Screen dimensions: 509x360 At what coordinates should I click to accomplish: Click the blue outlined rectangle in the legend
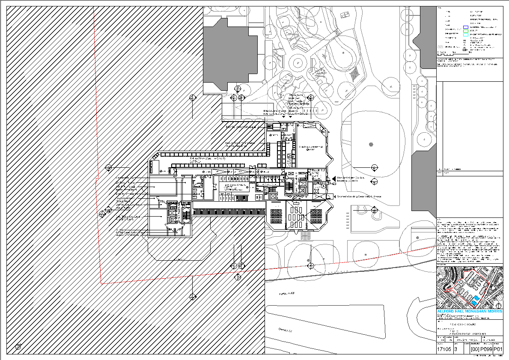[x=465, y=27]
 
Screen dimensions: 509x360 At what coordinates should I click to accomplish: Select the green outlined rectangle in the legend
[x=465, y=31]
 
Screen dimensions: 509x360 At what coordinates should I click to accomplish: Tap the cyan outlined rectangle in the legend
[x=465, y=35]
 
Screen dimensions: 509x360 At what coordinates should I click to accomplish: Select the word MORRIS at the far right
[x=494, y=311]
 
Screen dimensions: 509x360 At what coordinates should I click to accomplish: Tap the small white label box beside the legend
[x=440, y=47]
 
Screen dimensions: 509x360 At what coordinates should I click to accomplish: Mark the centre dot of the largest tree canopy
[x=371, y=144]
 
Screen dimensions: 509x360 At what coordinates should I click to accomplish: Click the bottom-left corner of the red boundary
[x=101, y=283]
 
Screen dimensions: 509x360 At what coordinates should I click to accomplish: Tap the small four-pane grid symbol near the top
[x=345, y=15]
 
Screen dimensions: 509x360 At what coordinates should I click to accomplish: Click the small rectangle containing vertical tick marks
[x=310, y=111]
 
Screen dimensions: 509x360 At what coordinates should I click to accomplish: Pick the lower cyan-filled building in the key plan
[x=474, y=303]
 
